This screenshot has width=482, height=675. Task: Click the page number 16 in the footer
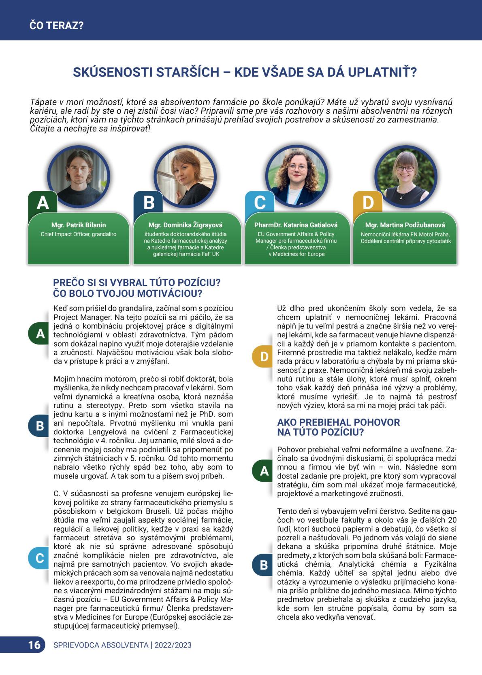pyautogui.click(x=34, y=645)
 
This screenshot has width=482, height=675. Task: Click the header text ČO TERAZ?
pyautogui.click(x=57, y=26)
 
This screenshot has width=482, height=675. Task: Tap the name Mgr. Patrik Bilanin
pyautogui.click(x=79, y=225)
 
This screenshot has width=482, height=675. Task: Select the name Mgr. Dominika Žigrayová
pyautogui.click(x=186, y=225)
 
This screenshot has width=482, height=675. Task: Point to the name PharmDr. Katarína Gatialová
pyautogui.click(x=296, y=225)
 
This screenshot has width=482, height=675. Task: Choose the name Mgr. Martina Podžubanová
pyautogui.click(x=405, y=225)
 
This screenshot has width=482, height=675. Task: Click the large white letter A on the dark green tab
pyautogui.click(x=43, y=202)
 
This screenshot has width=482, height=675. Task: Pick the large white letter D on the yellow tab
pyautogui.click(x=368, y=202)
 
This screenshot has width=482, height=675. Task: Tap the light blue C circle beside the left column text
pyautogui.click(x=40, y=558)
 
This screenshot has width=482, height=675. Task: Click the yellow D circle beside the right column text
pyautogui.click(x=264, y=356)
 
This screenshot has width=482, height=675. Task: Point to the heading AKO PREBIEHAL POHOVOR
pyautogui.click(x=338, y=422)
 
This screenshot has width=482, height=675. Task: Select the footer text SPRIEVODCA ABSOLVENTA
pyautogui.click(x=101, y=645)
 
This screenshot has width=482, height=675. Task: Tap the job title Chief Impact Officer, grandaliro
pyautogui.click(x=79, y=234)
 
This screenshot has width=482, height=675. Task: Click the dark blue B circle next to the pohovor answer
pyautogui.click(x=264, y=565)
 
